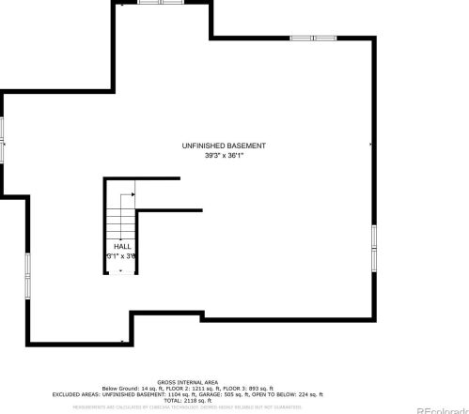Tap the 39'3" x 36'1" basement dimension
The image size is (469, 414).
(224, 156)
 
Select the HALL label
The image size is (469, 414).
(121, 246)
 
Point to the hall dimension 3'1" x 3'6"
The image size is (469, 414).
(121, 255)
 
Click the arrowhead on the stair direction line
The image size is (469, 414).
(135, 194)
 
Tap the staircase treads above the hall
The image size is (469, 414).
(119, 222)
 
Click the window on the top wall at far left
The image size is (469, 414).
(151, 3)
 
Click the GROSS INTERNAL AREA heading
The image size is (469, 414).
(187, 382)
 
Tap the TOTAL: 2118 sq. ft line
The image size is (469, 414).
(188, 400)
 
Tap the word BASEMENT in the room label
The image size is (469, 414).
(247, 146)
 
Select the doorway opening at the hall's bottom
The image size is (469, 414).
(121, 273)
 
